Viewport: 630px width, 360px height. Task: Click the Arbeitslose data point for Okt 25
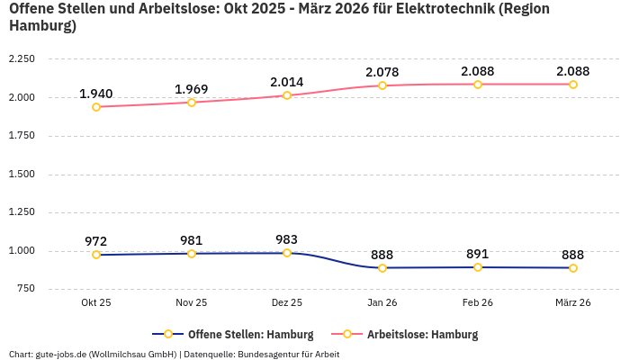[96, 107]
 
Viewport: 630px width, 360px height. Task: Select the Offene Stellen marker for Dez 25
[287, 253]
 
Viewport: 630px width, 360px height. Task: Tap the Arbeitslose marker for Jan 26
[382, 85]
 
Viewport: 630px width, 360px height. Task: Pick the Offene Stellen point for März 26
[573, 268]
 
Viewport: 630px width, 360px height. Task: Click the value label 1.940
[96, 94]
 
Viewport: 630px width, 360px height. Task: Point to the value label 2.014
[287, 82]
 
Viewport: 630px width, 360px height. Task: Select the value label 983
[287, 239]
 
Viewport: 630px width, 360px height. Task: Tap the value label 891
[478, 254]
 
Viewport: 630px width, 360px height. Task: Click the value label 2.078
[382, 72]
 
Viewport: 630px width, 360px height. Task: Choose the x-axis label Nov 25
[192, 303]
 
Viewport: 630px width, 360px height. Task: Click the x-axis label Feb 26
[478, 303]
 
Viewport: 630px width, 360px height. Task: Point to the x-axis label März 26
[573, 303]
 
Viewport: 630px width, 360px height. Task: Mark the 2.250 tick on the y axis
[21, 59]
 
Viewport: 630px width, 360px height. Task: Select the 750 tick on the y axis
[25, 289]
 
